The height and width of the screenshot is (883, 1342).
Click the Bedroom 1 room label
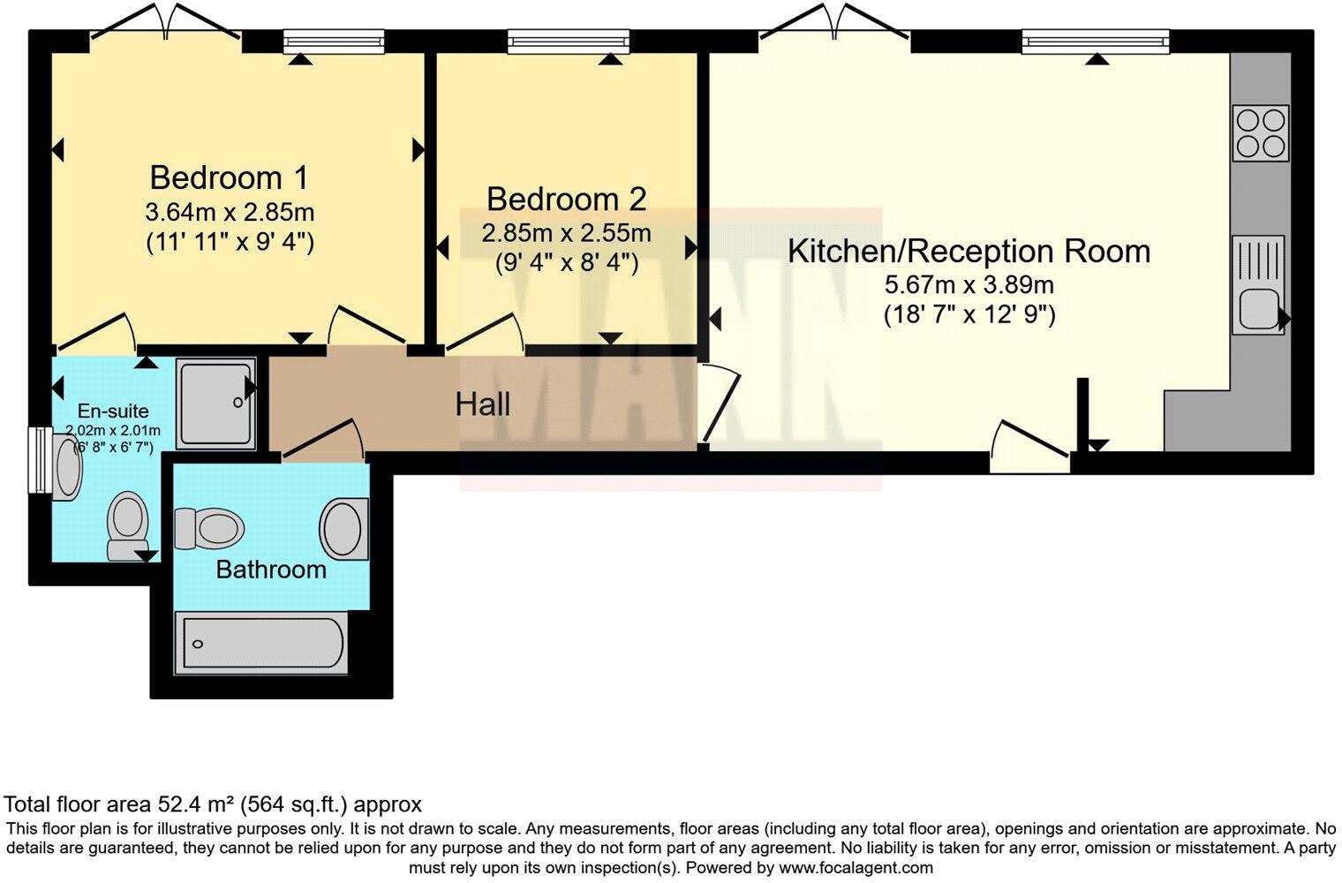(x=229, y=177)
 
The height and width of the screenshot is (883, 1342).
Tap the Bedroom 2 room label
(x=566, y=200)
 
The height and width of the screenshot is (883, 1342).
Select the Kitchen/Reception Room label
(x=969, y=252)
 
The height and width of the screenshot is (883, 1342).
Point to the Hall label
(x=482, y=404)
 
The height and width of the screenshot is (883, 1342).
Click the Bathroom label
(x=271, y=570)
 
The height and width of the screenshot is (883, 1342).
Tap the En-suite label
(x=113, y=411)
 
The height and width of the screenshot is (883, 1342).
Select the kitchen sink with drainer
(x=1258, y=284)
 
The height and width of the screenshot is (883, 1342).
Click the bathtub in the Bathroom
(x=261, y=644)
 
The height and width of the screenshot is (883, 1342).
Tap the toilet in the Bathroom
(x=209, y=529)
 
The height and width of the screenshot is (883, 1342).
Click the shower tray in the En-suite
(x=216, y=404)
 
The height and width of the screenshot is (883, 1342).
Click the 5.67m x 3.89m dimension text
(x=969, y=285)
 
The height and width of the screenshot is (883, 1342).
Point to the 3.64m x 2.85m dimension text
(x=230, y=212)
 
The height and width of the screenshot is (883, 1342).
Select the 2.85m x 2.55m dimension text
(x=566, y=233)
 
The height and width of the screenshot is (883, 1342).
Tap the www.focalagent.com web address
(x=856, y=867)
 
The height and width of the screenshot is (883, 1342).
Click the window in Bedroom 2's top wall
(x=569, y=42)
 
